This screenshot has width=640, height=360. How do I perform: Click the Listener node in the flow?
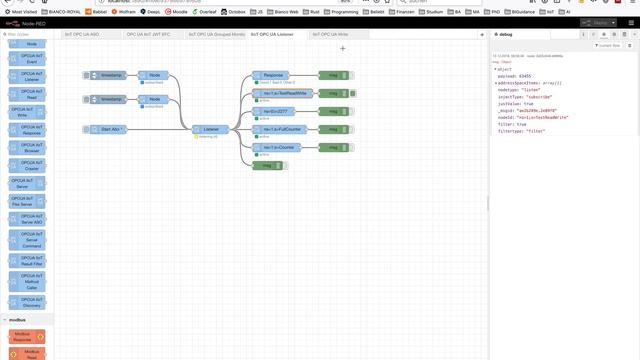211,129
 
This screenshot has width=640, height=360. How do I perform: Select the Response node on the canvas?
274,75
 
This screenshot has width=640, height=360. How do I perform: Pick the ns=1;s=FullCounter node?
282,129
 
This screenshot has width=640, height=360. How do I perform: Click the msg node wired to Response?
333,75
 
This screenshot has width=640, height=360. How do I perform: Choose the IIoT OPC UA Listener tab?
271,33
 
